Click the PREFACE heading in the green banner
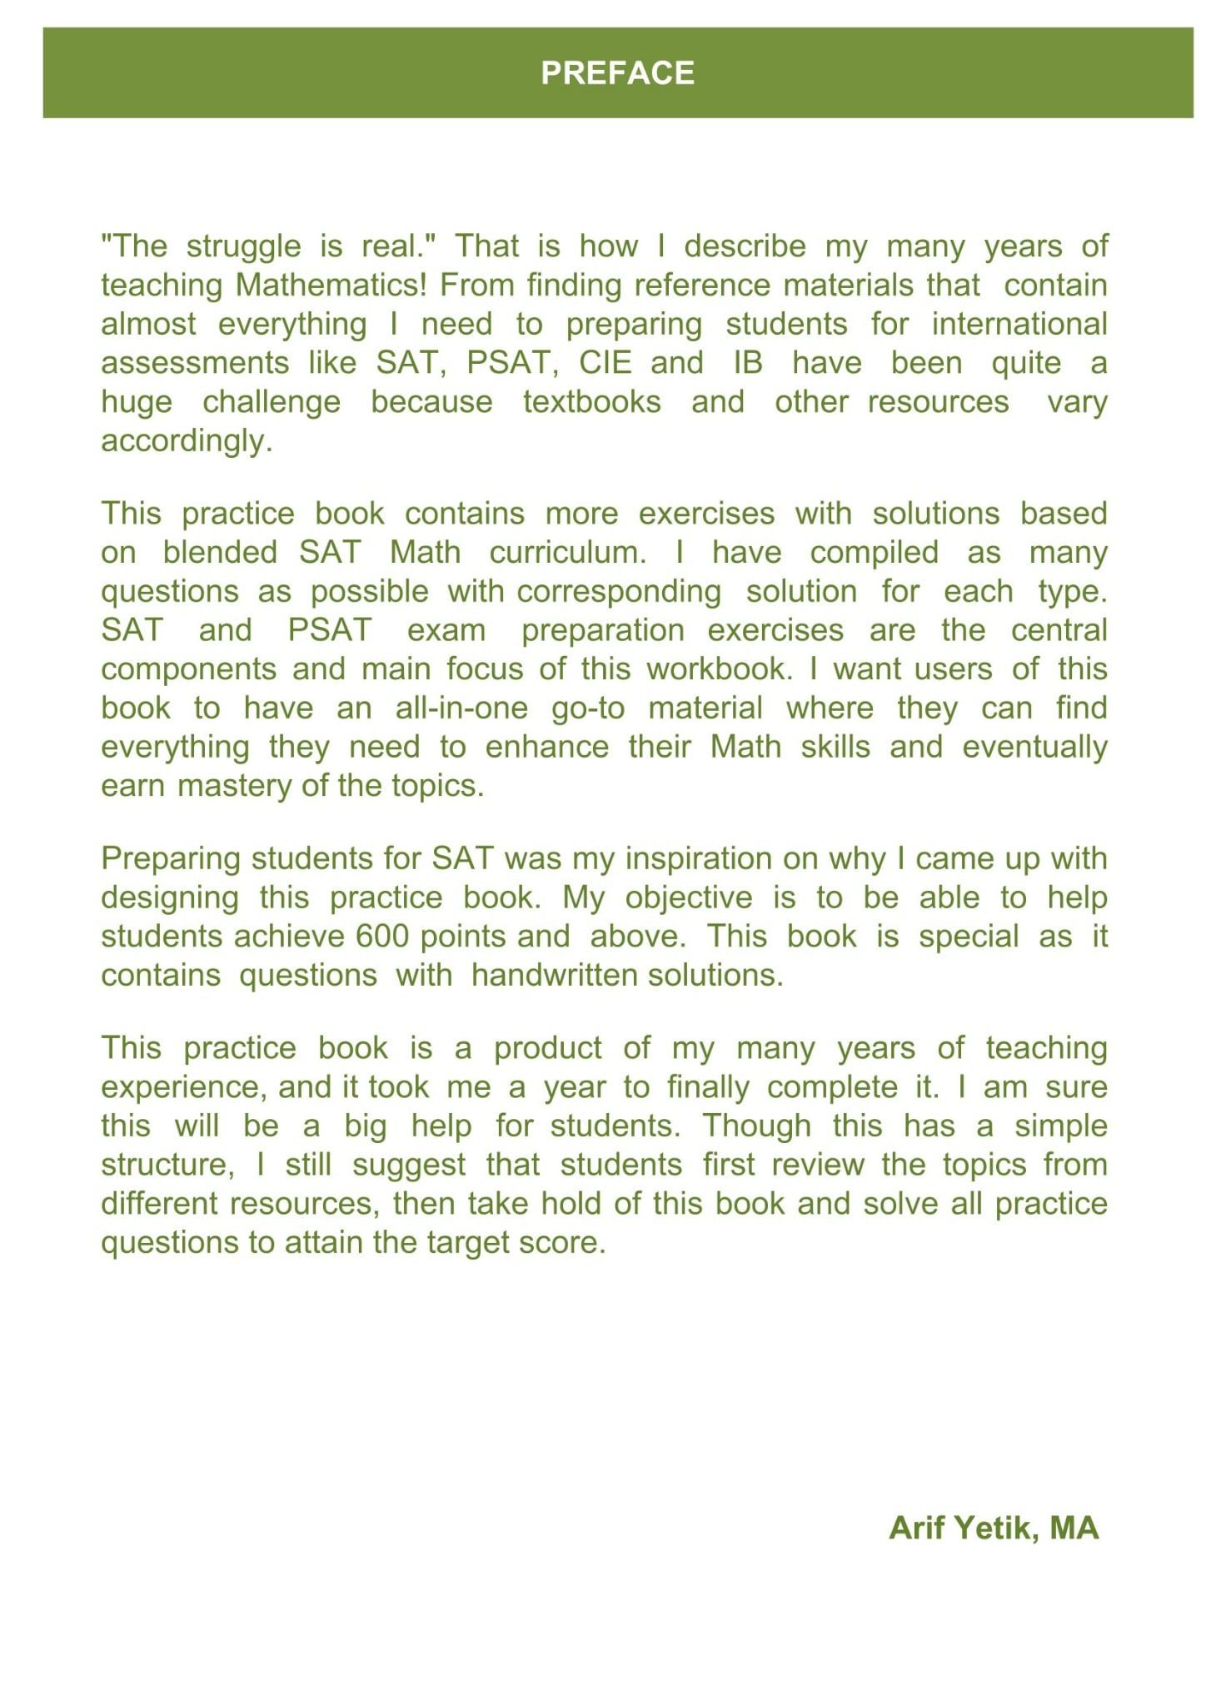pyautogui.click(x=617, y=73)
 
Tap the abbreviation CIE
pyautogui.click(x=605, y=363)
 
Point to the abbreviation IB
pyautogui.click(x=748, y=363)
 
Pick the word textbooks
pyautogui.click(x=591, y=402)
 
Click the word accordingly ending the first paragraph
pyautogui.click(x=187, y=441)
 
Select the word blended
pyautogui.click(x=220, y=553)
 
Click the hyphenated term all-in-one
pyautogui.click(x=461, y=708)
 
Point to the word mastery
pyautogui.click(x=236, y=786)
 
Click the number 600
pyautogui.click(x=382, y=937)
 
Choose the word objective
pyautogui.click(x=688, y=897)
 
